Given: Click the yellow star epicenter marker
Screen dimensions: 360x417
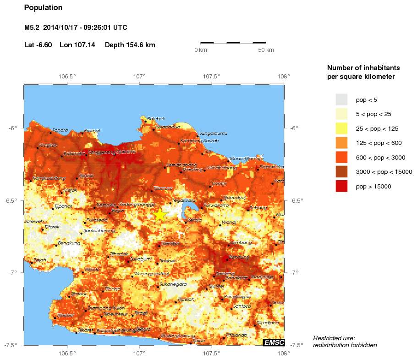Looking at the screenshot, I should click(159, 215).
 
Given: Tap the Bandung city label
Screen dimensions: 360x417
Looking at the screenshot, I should click(238, 257).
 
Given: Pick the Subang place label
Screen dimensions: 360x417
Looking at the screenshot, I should click(258, 207).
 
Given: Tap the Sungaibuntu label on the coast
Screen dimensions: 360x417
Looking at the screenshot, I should click(213, 133).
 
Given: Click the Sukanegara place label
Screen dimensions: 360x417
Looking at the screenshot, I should click(173, 284).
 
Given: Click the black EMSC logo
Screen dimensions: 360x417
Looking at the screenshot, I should click(274, 342).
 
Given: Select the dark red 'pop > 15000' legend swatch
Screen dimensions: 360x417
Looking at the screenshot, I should click(341, 186).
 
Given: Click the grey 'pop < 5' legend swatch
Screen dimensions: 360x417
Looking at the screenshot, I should click(341, 100).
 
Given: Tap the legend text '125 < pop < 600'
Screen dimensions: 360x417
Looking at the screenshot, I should click(379, 143).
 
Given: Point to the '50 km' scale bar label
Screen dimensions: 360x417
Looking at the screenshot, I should click(266, 50).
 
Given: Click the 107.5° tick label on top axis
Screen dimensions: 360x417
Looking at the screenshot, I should click(212, 76).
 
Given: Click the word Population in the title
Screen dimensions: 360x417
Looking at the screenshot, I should click(43, 8).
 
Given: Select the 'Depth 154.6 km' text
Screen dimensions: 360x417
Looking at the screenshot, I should click(130, 45).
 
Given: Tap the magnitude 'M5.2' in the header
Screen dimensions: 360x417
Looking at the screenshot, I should click(32, 28).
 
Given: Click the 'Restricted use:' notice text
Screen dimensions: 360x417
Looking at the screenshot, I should click(334, 338).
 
